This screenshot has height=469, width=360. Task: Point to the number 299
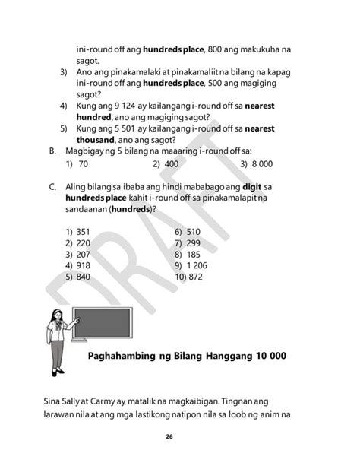tap(193, 243)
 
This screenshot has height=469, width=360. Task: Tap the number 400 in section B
tap(171, 164)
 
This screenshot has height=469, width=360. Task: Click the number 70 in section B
tap(84, 164)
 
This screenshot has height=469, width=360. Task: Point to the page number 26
tap(179, 437)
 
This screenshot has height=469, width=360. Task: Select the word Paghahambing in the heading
tap(125, 356)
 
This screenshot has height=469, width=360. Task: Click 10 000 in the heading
tap(267, 356)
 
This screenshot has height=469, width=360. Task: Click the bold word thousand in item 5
tap(95, 140)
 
